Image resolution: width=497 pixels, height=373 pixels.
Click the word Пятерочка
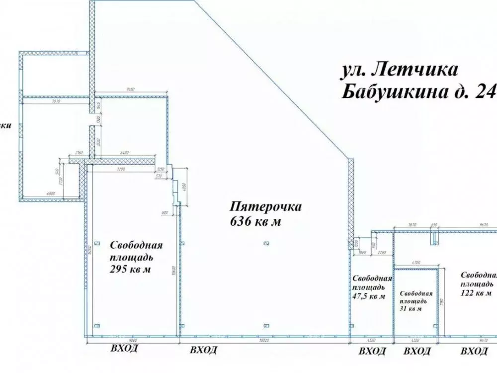point(259,206)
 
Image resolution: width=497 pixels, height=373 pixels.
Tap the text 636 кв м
point(255,222)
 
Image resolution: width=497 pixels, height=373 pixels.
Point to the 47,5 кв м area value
point(368,297)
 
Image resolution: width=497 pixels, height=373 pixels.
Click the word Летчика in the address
point(414,70)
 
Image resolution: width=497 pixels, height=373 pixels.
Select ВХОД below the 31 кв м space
point(417,352)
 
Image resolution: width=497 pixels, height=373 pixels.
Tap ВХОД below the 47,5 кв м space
point(372,352)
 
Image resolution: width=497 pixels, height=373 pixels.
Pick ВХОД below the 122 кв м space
point(474,352)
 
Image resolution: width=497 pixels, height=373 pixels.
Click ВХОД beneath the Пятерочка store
point(204,350)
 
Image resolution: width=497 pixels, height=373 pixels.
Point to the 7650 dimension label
point(130,89)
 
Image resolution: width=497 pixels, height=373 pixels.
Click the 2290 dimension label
point(381,253)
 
